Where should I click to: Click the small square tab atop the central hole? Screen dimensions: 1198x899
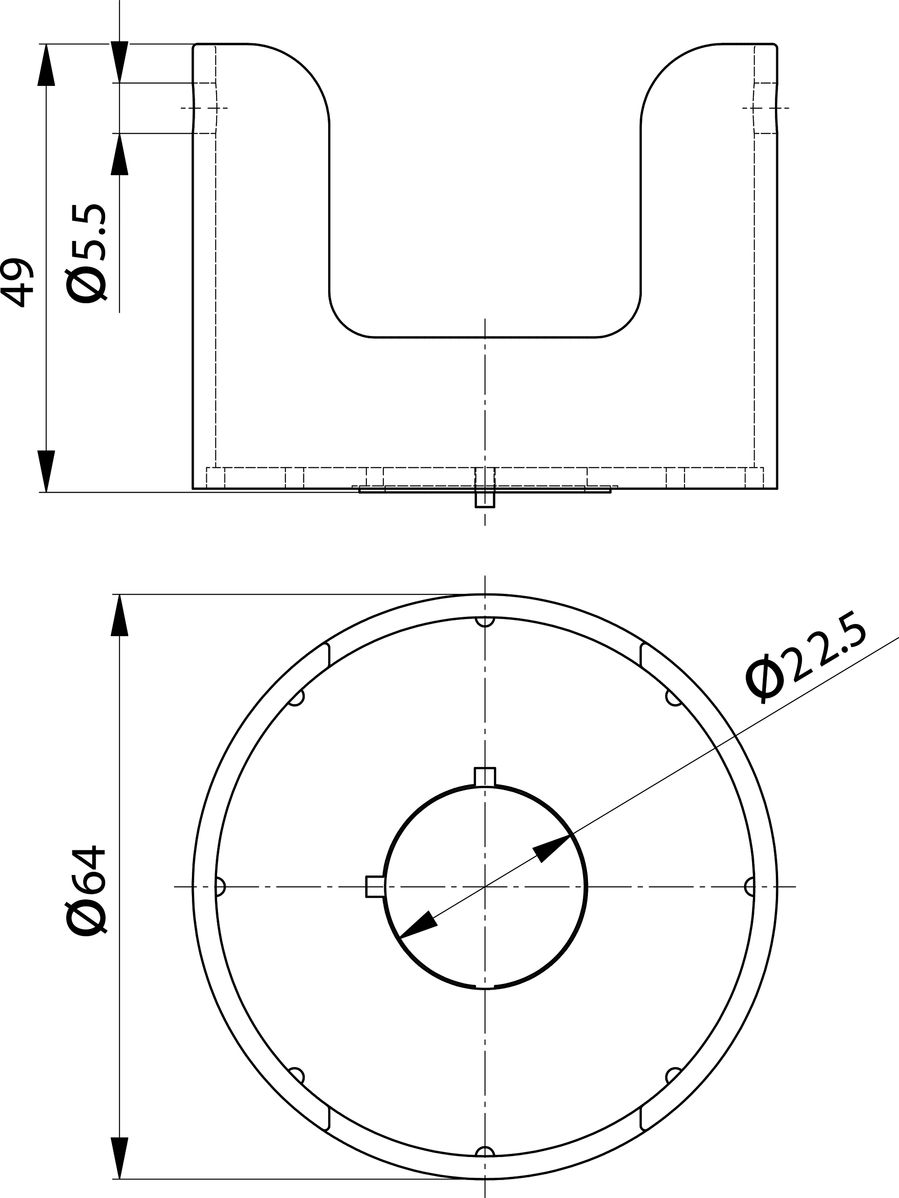pyautogui.click(x=485, y=776)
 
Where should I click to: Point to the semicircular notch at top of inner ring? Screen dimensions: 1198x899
pyautogui.click(x=485, y=621)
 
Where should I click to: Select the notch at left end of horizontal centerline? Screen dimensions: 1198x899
pyautogui.click(x=220, y=887)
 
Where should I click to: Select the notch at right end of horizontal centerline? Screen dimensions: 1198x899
pyautogui.click(x=750, y=887)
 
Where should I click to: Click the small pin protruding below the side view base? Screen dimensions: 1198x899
pyautogui.click(x=485, y=498)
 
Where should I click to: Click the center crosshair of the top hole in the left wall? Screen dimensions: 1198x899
pyautogui.click(x=204, y=108)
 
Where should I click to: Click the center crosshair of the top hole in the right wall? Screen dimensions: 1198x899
pyautogui.click(x=766, y=108)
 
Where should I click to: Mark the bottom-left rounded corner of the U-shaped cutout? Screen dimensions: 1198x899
pyautogui.click(x=347, y=319)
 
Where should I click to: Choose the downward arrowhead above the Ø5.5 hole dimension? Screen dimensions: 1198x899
pyautogui.click(x=120, y=62)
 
